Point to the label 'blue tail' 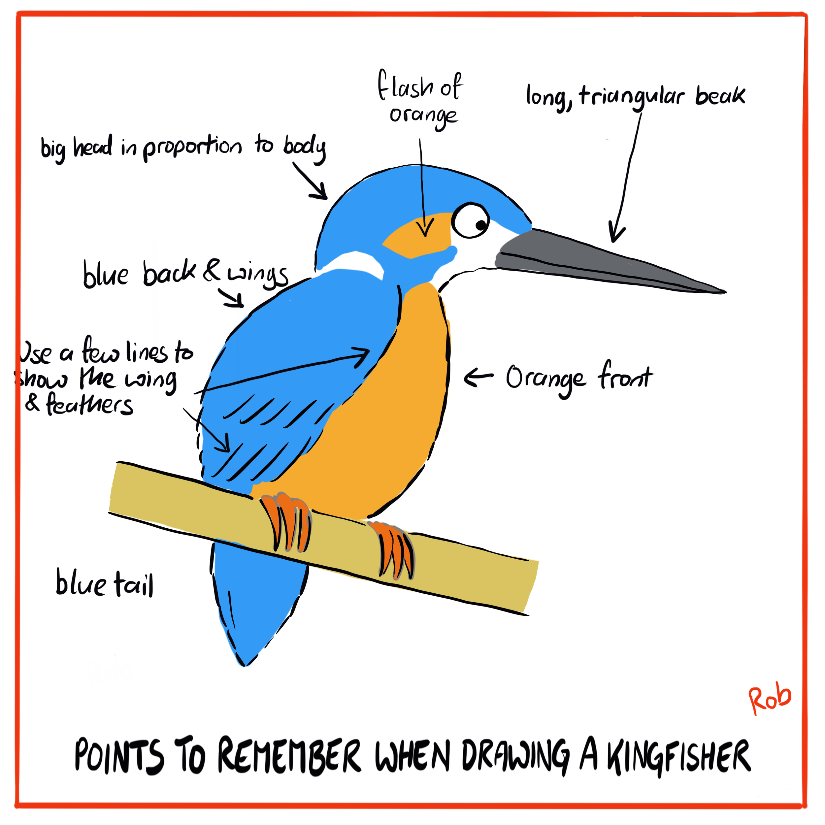point(105,582)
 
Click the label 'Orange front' point(578,378)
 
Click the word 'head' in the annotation point(93,147)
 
